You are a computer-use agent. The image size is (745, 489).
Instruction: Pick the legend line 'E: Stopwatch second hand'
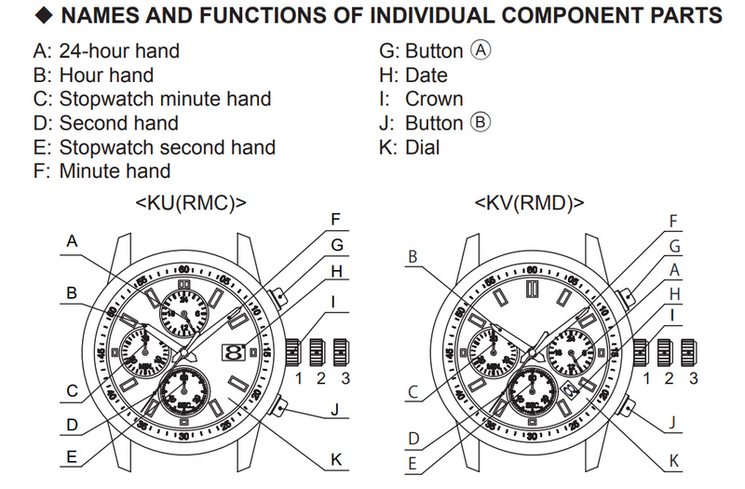(153, 147)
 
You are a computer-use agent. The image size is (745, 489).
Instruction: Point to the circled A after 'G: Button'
(481, 51)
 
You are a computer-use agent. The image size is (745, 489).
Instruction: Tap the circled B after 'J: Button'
(481, 123)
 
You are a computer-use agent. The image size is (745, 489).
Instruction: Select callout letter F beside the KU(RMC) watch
(335, 221)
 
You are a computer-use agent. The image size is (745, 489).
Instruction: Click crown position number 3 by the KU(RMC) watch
(345, 378)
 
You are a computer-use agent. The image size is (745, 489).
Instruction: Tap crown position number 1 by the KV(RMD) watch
(643, 378)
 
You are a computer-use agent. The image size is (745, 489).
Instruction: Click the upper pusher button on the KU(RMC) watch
(278, 297)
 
